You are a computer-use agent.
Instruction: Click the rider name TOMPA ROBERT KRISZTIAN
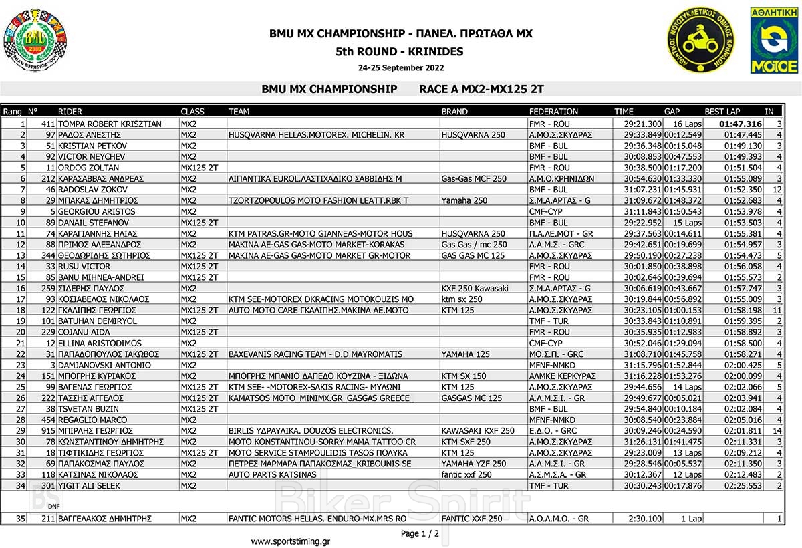point(110,124)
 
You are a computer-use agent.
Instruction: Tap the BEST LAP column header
point(722,111)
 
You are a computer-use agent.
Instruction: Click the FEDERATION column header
point(553,111)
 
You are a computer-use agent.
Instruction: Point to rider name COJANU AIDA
point(84,332)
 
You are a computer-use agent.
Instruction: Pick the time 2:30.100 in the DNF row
point(645,519)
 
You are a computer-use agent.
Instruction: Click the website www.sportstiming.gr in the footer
point(289,541)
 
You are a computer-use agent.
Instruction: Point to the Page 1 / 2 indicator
point(420,533)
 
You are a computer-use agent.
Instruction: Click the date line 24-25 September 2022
point(400,67)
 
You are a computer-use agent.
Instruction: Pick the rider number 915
point(48,431)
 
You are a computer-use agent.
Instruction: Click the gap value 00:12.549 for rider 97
point(683,135)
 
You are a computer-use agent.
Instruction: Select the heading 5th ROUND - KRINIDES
point(400,51)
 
